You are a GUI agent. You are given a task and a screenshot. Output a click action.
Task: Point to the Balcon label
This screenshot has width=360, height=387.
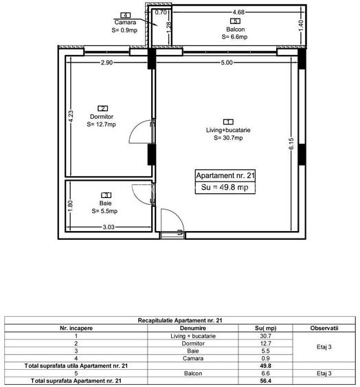[x=235, y=29]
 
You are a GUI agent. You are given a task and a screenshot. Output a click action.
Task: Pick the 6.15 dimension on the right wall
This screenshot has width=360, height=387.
[x=291, y=144]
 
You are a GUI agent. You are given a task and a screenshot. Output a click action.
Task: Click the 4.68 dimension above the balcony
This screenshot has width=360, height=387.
[x=238, y=12]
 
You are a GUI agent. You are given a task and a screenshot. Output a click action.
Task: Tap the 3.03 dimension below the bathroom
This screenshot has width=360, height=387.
[x=108, y=226]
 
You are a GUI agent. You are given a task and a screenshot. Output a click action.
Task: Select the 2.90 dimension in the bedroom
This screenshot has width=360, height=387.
[x=106, y=63]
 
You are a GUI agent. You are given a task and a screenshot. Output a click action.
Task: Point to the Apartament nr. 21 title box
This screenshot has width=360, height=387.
[x=225, y=176]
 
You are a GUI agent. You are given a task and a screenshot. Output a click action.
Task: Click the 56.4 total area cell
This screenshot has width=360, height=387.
[x=265, y=380]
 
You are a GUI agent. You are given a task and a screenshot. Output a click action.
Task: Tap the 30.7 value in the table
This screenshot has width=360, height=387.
[x=265, y=336]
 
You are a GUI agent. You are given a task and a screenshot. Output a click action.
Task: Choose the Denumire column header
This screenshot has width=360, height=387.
[x=183, y=329]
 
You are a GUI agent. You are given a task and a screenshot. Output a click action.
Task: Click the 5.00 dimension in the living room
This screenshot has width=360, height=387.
[x=226, y=63]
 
